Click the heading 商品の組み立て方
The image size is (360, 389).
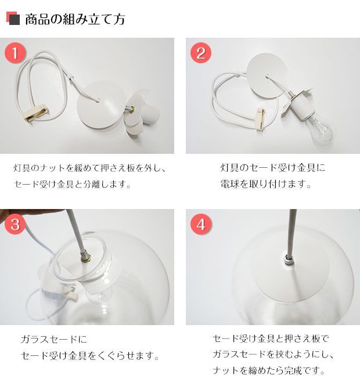click(75, 19)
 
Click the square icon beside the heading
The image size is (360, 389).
click(13, 19)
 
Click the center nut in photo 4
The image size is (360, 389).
click(288, 254)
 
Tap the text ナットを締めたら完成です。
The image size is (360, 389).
click(269, 370)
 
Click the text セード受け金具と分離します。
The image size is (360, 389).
click(73, 185)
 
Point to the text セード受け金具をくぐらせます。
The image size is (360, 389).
click(90, 355)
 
